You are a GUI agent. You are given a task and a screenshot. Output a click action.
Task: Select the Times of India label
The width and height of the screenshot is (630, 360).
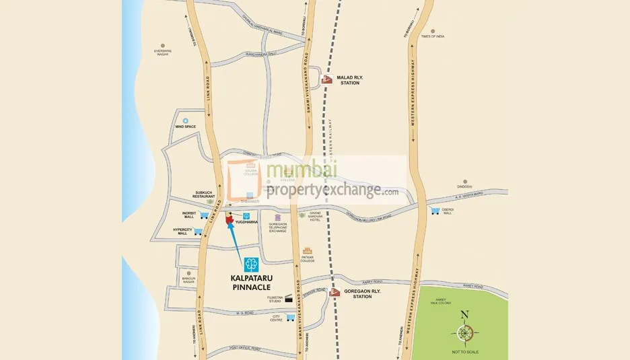click(433, 36)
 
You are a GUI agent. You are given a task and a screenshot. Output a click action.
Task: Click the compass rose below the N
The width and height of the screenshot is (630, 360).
click(464, 332)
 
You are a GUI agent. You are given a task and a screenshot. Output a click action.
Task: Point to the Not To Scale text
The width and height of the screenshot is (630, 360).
click(464, 352)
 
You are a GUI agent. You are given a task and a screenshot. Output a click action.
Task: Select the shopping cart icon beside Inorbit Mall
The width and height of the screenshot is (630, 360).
click(204, 215)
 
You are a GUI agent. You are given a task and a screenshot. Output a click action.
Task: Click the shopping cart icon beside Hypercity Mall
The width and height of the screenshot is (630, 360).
click(198, 232)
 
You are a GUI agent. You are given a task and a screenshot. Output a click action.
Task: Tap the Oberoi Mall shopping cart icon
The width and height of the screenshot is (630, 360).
click(435, 211)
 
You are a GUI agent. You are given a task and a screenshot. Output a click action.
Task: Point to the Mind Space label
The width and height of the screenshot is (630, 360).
click(185, 127)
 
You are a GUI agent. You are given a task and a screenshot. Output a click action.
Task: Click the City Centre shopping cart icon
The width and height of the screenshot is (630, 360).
click(290, 317)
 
